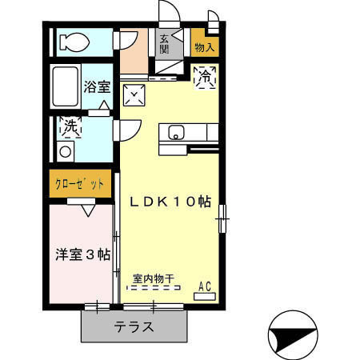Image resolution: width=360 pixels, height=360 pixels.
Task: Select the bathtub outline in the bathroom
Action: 67,86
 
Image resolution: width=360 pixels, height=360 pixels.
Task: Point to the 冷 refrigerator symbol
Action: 206,78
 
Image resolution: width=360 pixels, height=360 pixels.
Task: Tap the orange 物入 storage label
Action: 204,47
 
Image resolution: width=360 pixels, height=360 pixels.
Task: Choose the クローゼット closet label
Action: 80,184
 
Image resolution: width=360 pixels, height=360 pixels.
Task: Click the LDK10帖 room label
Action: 170,202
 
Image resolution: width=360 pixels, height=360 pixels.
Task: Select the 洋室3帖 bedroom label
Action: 82,254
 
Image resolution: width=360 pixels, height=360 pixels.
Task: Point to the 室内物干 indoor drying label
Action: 155,279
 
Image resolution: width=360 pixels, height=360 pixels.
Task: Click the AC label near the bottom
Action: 204,285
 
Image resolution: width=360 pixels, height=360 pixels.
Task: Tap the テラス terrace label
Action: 134,326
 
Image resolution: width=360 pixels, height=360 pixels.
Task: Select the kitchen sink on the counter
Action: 176,132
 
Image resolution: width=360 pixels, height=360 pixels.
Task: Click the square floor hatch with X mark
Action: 136,97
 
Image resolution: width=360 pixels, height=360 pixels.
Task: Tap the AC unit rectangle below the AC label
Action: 204,296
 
